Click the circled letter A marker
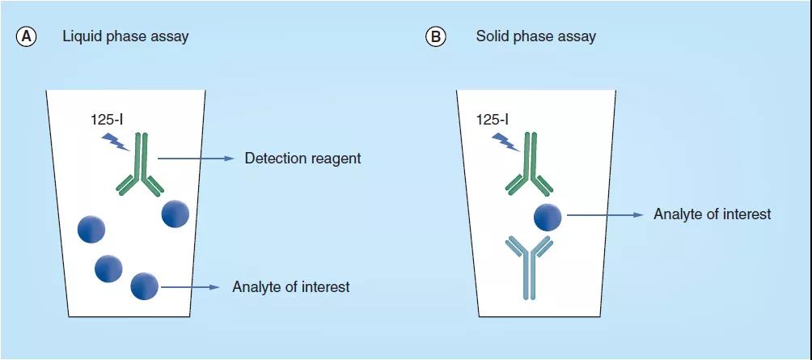[27, 36]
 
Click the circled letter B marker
[436, 36]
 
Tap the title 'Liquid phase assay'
[125, 36]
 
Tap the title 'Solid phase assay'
[536, 36]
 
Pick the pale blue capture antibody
[529, 263]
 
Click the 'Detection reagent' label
[302, 159]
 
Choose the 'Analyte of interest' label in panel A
[290, 286]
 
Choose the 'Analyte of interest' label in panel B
[712, 214]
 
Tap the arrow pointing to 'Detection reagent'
[194, 159]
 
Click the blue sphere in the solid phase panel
[548, 217]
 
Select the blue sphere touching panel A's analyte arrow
[144, 286]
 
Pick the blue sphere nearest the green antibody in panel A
[176, 214]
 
